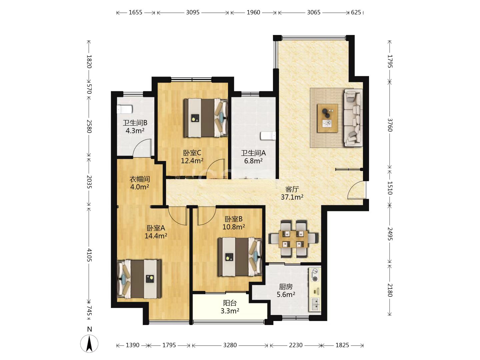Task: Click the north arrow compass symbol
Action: point(89,343)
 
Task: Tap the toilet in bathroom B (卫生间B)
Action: point(125,109)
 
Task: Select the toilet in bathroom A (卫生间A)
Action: point(268,136)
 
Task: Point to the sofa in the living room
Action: point(353,117)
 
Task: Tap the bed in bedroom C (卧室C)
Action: point(205,118)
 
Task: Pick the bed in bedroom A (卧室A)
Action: point(139,279)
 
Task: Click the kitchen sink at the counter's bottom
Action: point(315,304)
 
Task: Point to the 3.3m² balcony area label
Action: point(230,311)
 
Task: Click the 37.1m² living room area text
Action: point(292,197)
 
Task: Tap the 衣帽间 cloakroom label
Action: point(140,179)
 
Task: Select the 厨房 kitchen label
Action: point(286,287)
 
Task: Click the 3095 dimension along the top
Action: point(193,12)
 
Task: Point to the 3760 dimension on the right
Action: point(390,125)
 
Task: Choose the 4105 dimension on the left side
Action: point(89,255)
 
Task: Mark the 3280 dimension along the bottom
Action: point(230,345)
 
